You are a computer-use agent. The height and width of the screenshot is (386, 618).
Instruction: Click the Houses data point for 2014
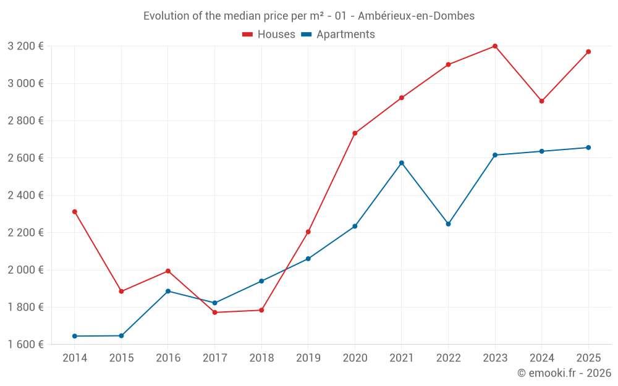(x=75, y=212)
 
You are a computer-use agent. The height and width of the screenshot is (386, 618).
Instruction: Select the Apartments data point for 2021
(x=402, y=163)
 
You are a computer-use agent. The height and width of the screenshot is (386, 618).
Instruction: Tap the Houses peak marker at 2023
(x=495, y=46)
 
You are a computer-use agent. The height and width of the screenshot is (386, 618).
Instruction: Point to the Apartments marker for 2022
(x=449, y=224)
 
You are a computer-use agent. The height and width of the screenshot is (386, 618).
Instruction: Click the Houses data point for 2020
(x=355, y=133)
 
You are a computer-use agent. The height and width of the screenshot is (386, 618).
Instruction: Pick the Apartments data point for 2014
(x=75, y=336)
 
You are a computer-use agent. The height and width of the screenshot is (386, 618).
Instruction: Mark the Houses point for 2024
(x=542, y=101)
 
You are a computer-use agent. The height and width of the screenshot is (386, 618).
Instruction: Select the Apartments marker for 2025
(x=588, y=148)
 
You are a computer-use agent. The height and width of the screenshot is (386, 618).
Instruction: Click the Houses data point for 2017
(x=214, y=313)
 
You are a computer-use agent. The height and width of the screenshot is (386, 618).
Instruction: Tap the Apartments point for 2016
(x=168, y=291)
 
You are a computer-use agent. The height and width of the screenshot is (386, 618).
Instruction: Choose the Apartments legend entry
(x=338, y=35)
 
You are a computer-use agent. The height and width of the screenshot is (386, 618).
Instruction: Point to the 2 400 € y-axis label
(x=25, y=195)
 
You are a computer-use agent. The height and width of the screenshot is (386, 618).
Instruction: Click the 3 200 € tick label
(x=25, y=46)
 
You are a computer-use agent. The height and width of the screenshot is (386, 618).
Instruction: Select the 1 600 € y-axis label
(x=25, y=344)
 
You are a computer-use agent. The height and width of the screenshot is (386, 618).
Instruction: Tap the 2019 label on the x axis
(x=308, y=358)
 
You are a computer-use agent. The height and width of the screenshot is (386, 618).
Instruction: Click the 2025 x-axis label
(x=588, y=358)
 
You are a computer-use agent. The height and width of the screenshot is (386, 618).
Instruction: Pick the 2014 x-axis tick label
(x=75, y=358)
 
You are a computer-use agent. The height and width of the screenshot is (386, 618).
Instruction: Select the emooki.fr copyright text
(x=564, y=373)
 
